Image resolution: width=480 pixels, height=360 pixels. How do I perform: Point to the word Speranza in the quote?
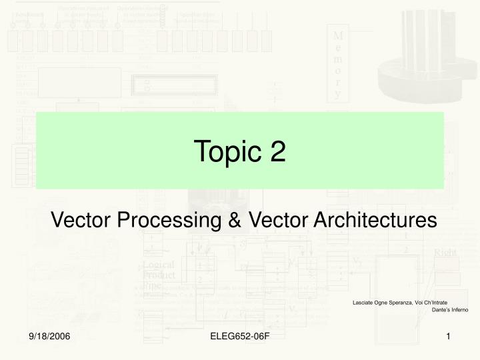(409, 303)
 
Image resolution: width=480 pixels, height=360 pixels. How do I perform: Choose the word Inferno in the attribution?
(458, 311)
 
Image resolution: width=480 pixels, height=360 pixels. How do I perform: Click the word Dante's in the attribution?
(439, 311)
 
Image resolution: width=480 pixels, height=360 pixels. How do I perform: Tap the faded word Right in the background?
(445, 253)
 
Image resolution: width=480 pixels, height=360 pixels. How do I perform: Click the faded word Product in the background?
(159, 275)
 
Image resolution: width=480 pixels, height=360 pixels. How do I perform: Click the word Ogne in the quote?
(385, 303)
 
